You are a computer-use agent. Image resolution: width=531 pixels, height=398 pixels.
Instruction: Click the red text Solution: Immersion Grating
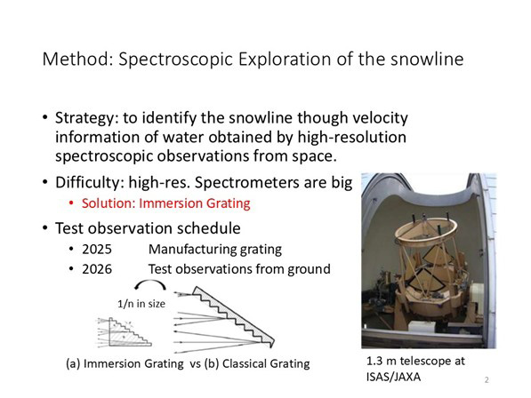coord(166,203)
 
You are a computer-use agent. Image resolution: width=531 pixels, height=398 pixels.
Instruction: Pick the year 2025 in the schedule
coord(97,250)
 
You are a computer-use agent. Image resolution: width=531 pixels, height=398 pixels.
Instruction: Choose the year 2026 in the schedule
coord(97,269)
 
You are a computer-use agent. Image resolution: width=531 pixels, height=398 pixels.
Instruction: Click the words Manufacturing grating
coord(215,250)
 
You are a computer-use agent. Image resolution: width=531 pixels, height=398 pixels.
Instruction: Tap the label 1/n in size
coord(141,304)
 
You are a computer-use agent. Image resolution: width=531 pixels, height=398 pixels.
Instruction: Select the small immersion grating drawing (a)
coord(125,332)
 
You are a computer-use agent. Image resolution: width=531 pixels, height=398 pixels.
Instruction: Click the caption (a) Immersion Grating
coord(125,364)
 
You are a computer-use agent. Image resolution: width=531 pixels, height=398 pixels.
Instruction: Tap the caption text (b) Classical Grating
coord(257,364)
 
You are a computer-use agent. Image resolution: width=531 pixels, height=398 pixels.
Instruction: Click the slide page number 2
coord(487,379)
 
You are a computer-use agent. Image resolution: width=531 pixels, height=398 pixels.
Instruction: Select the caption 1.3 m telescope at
coord(415,362)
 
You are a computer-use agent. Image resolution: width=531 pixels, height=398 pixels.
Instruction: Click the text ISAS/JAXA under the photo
coord(393,377)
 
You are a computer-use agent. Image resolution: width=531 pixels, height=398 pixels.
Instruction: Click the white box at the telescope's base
coord(422,327)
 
